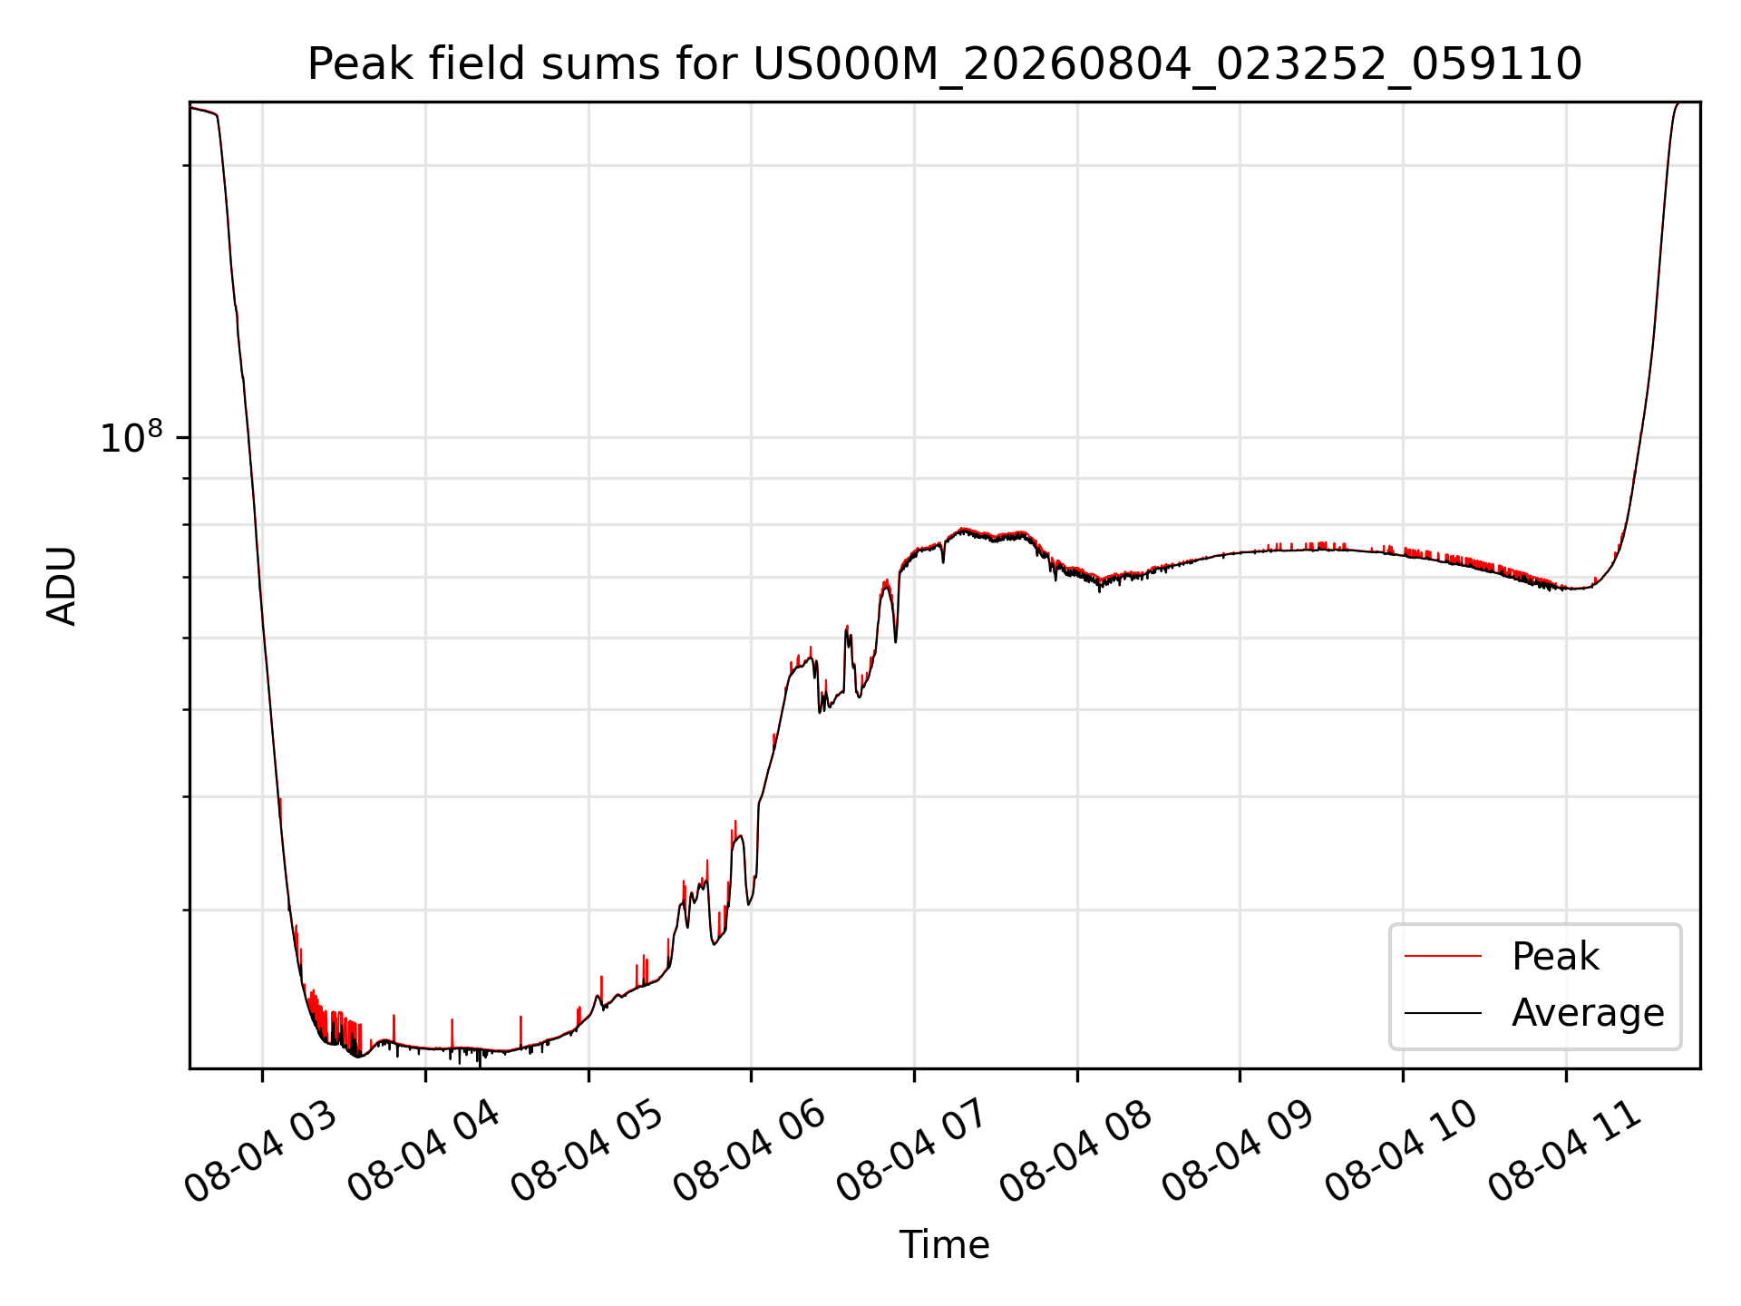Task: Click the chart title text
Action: coord(945,64)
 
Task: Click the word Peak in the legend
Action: coord(1555,957)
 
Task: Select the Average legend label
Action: coord(1588,1013)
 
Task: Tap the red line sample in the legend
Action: coord(1443,957)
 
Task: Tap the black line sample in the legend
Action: coord(1443,1013)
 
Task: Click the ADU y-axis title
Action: coord(62,586)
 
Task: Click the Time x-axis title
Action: coord(944,1245)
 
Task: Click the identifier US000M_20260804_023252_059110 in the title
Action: coord(1168,65)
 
